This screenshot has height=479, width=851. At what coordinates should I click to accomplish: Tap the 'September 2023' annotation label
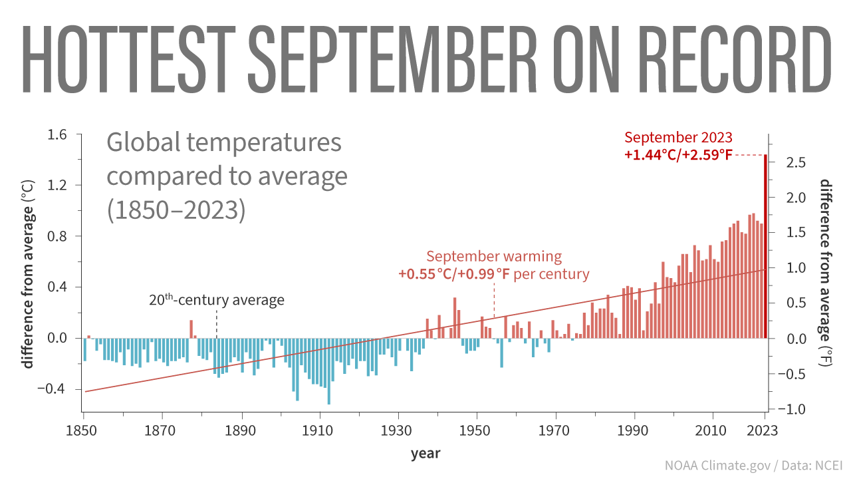(678, 138)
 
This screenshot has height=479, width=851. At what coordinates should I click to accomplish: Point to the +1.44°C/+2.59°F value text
(678, 156)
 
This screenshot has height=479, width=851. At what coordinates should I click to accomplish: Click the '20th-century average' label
(216, 300)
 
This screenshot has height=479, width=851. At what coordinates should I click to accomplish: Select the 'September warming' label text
(494, 257)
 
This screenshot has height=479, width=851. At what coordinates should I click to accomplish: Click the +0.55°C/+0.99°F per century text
(494, 273)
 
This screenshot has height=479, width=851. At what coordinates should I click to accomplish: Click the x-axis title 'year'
(425, 454)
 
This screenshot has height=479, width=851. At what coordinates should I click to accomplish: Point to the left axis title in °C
(29, 273)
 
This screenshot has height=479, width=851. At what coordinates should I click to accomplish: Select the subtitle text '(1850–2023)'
(176, 209)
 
